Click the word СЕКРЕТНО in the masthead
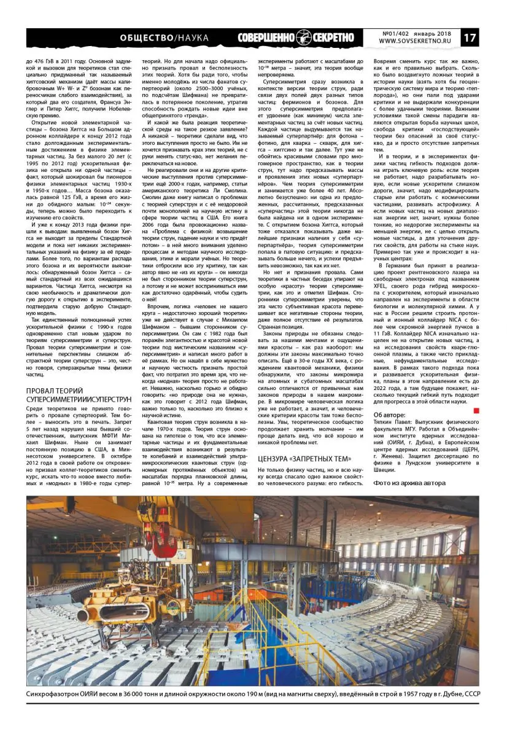click(334, 37)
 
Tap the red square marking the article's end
click(477, 410)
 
